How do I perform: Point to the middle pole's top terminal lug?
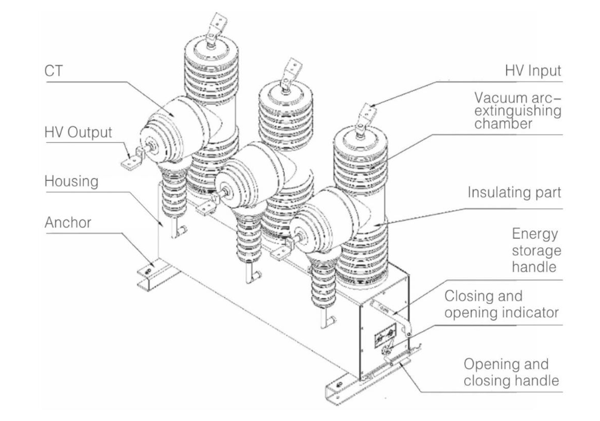(x=289, y=69)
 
